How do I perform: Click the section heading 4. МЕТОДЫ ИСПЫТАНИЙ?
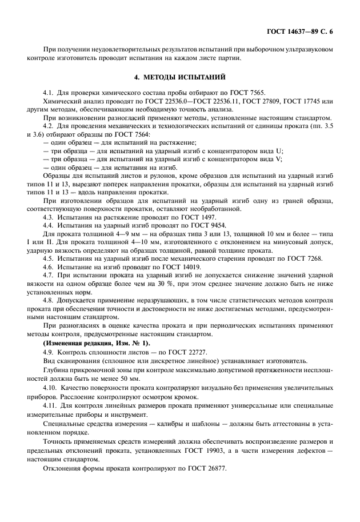[x=179, y=77]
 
